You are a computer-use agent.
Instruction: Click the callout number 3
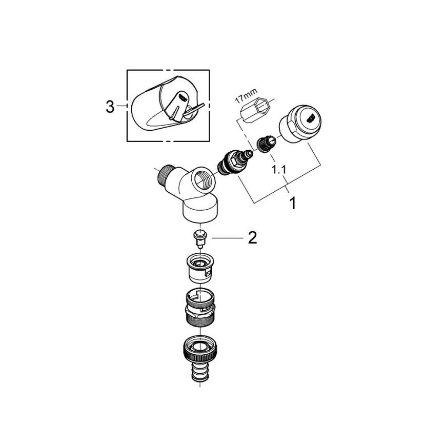(109, 107)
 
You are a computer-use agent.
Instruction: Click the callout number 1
(293, 204)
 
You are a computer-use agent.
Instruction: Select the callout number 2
(252, 238)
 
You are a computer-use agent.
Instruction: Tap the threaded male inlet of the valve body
(166, 175)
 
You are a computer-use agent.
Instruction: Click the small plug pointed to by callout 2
(200, 238)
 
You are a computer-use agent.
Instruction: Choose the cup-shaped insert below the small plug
(200, 269)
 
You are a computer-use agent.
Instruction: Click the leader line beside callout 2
(226, 238)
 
